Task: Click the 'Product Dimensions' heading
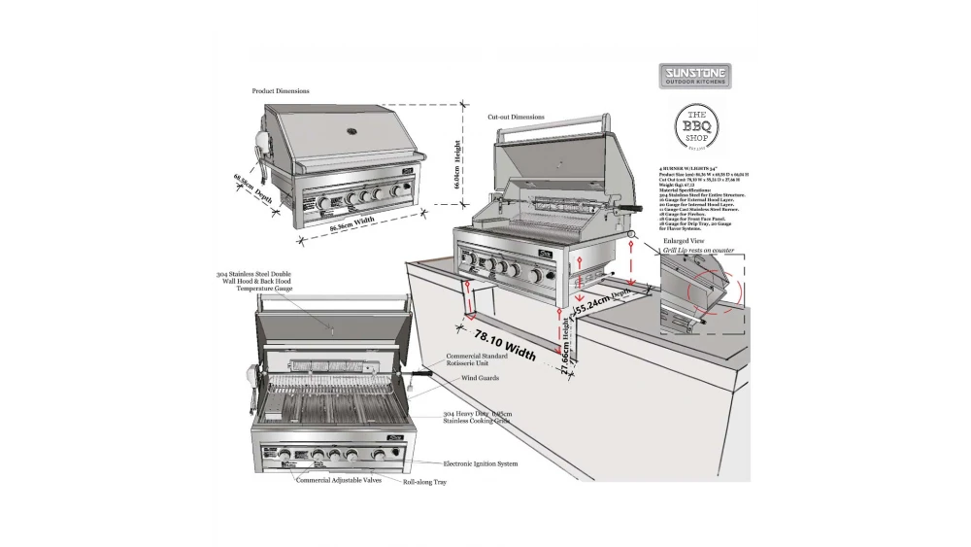coord(281,90)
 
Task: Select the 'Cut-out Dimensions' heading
coord(516,117)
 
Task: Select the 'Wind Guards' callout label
coord(481,377)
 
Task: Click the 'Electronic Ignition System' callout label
coord(481,463)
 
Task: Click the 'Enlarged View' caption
coord(683,239)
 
